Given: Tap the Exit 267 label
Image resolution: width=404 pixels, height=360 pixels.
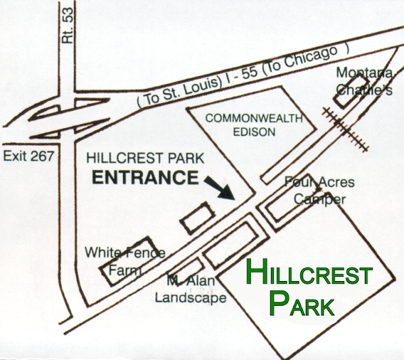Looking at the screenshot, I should click(28, 156).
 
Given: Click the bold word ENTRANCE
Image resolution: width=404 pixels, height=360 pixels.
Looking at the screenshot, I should click(145, 178).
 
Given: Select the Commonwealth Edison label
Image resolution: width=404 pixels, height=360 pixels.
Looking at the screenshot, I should click(254, 125).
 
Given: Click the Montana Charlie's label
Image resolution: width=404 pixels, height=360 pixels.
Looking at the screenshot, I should click(364, 81).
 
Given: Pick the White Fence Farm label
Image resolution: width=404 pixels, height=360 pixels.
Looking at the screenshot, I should click(125, 261).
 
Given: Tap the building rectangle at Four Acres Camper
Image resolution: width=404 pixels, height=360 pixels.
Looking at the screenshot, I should click(283, 203).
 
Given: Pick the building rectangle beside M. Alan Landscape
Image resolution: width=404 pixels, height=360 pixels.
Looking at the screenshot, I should click(185, 274).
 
